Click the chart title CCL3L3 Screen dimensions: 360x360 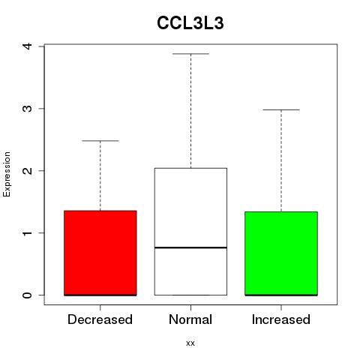coord(190,23)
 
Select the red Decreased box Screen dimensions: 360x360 coord(100,253)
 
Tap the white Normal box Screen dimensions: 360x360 coord(190,232)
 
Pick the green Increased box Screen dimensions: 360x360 coord(281,253)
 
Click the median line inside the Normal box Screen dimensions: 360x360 coord(190,247)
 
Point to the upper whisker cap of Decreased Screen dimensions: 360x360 coord(100,141)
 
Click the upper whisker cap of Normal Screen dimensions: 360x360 coord(190,54)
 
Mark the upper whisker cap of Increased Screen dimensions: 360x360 coord(281,109)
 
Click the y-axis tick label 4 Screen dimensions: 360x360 coord(28,46)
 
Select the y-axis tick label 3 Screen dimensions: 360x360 coord(28,109)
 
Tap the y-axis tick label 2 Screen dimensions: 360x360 coord(28,171)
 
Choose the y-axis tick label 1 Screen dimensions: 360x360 coord(28,233)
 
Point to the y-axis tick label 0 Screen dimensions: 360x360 coord(28,295)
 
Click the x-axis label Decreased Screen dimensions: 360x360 coord(100,319)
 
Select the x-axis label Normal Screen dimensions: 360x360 coord(190,319)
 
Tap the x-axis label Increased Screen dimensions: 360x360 coord(281,319)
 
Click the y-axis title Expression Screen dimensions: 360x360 coord(7,174)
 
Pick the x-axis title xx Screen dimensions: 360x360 coord(190,343)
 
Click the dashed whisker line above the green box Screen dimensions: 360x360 coord(281,160)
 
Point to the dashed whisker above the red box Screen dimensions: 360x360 coord(100,175)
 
